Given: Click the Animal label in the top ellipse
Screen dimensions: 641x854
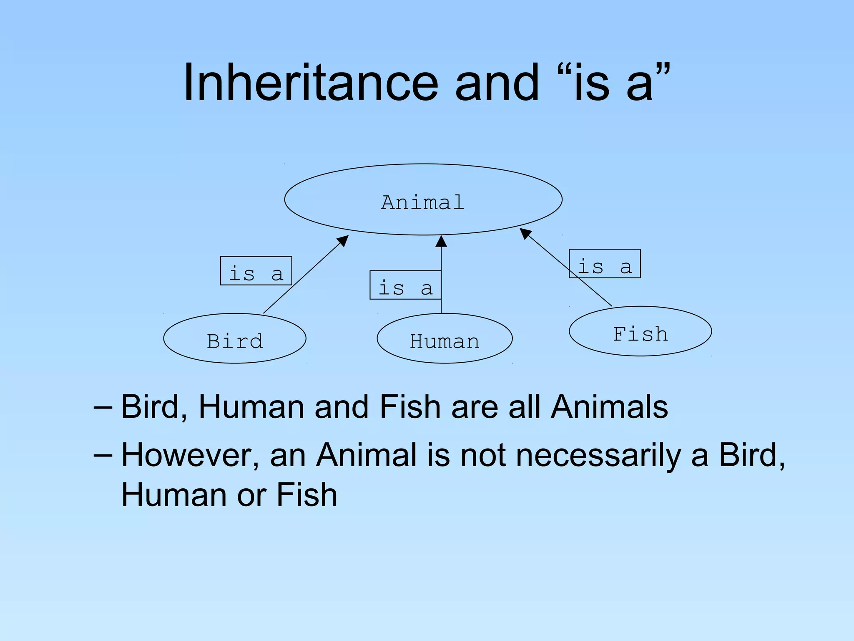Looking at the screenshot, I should click(x=423, y=202).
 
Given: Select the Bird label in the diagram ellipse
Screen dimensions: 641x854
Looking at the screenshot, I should click(x=235, y=341).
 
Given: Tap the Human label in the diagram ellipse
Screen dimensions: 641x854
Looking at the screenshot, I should click(x=445, y=341).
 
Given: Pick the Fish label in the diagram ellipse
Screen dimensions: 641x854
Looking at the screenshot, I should click(x=640, y=334).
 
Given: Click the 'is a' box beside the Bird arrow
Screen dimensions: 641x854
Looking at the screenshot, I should click(x=256, y=271).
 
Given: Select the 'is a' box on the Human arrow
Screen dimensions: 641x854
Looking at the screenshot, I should click(x=405, y=285).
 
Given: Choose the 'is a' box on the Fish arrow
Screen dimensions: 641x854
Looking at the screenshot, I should click(x=605, y=264).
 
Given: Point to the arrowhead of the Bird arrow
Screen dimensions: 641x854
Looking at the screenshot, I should click(x=344, y=240).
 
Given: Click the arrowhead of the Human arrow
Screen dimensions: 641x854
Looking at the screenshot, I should click(x=441, y=241).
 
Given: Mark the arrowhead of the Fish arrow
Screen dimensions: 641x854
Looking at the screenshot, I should click(x=525, y=233).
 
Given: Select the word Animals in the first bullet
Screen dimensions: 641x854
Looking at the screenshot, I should click(x=609, y=406).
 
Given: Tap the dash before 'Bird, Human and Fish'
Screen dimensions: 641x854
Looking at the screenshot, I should click(x=103, y=406).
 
